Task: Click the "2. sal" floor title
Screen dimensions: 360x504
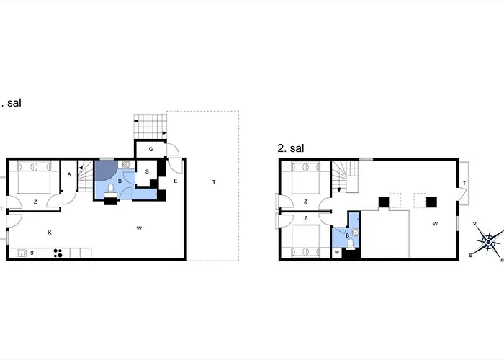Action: click(x=291, y=148)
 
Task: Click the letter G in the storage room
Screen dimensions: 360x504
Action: click(x=151, y=149)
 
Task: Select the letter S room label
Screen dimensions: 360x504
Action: click(x=147, y=171)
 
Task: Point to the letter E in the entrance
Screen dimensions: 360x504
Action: click(x=176, y=181)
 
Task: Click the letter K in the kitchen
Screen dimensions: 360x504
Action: click(x=50, y=232)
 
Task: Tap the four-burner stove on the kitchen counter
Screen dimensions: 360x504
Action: click(x=58, y=253)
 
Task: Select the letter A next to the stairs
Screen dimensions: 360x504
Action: click(x=69, y=174)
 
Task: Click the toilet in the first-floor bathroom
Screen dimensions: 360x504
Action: click(x=110, y=190)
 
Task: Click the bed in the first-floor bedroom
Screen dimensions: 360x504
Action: click(x=34, y=176)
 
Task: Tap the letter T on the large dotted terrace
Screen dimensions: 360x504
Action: click(x=213, y=182)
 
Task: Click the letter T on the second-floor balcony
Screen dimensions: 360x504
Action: click(x=464, y=184)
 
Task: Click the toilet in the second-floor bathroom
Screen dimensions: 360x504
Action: click(x=351, y=243)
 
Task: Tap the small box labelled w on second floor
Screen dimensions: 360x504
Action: click(x=337, y=253)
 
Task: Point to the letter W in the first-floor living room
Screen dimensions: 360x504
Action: click(x=138, y=229)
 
